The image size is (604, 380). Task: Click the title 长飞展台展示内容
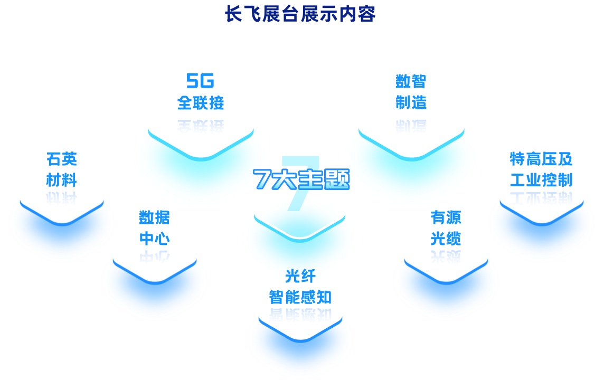tap(300, 14)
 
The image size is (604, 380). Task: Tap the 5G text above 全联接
tap(200, 81)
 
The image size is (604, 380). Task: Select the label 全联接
tap(201, 102)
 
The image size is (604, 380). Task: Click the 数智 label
tap(411, 81)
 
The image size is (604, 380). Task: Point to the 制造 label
tap(411, 102)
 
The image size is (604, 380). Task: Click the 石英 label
tap(62, 159)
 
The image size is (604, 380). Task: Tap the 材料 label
tap(62, 180)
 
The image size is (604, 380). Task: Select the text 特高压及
tap(541, 159)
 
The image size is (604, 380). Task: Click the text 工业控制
tap(541, 180)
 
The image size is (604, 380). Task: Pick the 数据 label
tap(154, 217)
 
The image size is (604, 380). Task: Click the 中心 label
tap(154, 239)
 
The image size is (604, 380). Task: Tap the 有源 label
tap(446, 217)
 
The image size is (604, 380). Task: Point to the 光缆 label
tap(446, 239)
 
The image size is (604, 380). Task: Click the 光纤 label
tap(300, 275)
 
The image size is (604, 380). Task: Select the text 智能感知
tap(300, 297)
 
